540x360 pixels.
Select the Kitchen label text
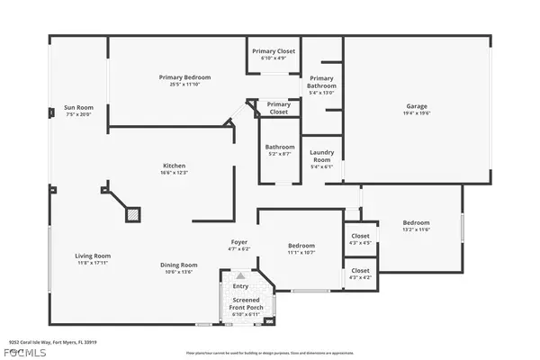coord(174,166)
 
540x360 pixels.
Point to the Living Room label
coord(92,256)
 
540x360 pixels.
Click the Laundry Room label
coord(321,157)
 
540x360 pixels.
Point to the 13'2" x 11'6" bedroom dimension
coord(416,229)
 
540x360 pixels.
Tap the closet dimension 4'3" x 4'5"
coord(360,243)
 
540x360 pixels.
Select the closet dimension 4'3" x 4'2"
coord(360,276)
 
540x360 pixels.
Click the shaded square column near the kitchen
coord(132,215)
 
